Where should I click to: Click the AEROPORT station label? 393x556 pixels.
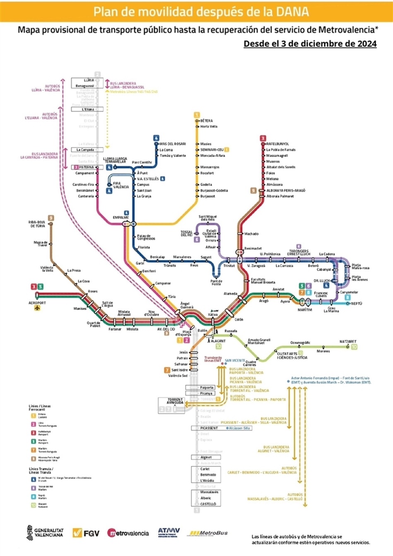pyautogui.click(x=37, y=303)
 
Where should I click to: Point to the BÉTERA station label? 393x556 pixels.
pyautogui.click(x=206, y=121)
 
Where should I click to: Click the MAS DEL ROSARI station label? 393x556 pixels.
pyautogui.click(x=173, y=144)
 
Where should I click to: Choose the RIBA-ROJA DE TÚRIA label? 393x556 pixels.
pyautogui.click(x=37, y=224)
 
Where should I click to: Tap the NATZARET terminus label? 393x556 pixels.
pyautogui.click(x=348, y=342)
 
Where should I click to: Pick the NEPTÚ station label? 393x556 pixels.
pyautogui.click(x=357, y=303)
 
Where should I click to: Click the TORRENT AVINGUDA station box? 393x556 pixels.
pyautogui.click(x=175, y=401)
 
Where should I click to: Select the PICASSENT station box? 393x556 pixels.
pyautogui.click(x=209, y=428)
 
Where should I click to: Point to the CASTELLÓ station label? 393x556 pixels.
pyautogui.click(x=208, y=504)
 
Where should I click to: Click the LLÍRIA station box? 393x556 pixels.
pyautogui.click(x=89, y=80)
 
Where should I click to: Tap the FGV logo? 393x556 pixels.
pyautogui.click(x=86, y=533)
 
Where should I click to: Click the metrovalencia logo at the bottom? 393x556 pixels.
pyautogui.click(x=128, y=533)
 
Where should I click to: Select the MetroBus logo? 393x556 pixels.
pyautogui.click(x=209, y=533)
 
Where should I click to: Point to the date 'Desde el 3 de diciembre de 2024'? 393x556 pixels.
pyautogui.click(x=310, y=44)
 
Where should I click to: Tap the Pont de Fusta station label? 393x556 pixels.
pyautogui.click(x=216, y=283)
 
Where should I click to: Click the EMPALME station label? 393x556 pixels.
pyautogui.click(x=121, y=218)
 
